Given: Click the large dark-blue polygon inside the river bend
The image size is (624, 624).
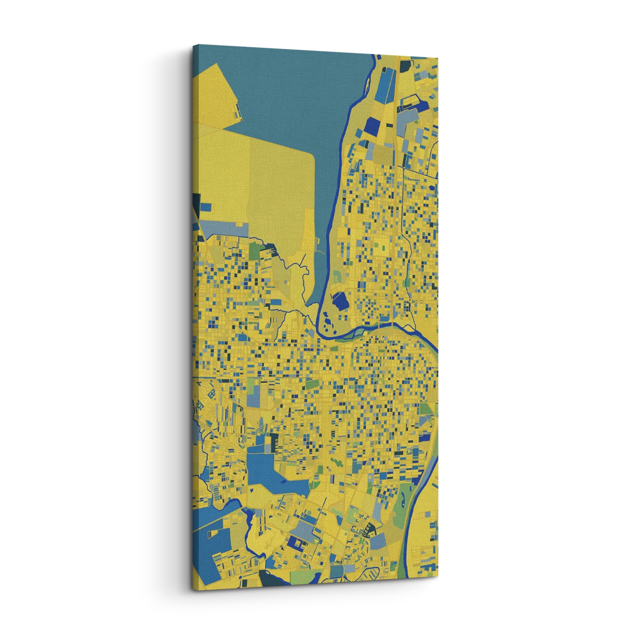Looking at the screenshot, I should [341, 300].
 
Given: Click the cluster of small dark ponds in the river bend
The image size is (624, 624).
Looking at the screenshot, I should [328, 323].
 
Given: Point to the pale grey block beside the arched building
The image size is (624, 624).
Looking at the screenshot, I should [379, 541].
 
